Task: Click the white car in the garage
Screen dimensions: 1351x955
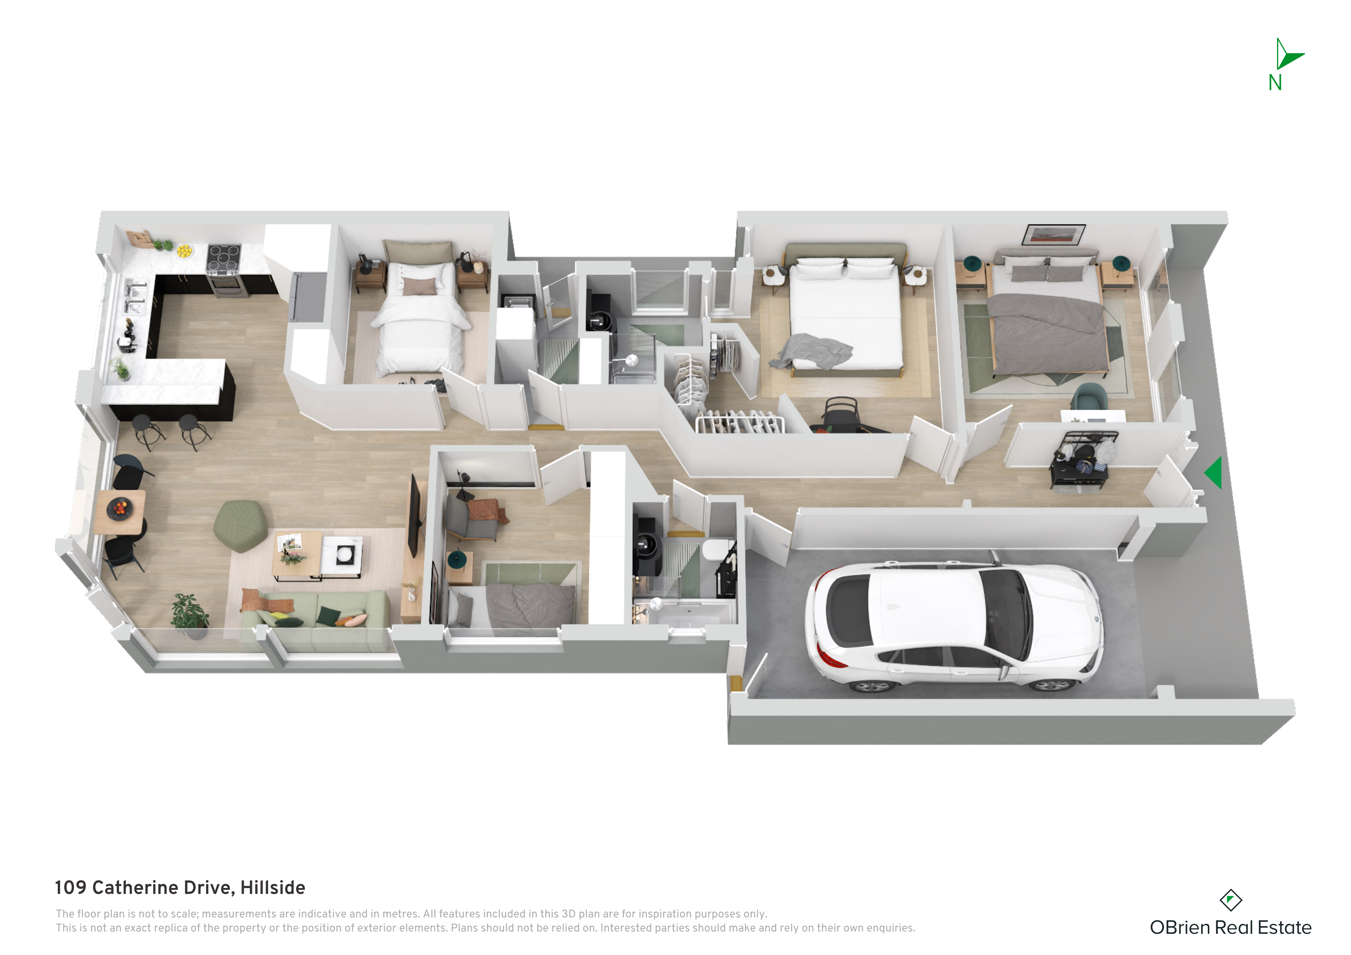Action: pos(953,627)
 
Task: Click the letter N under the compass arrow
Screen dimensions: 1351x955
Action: pos(1275,83)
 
